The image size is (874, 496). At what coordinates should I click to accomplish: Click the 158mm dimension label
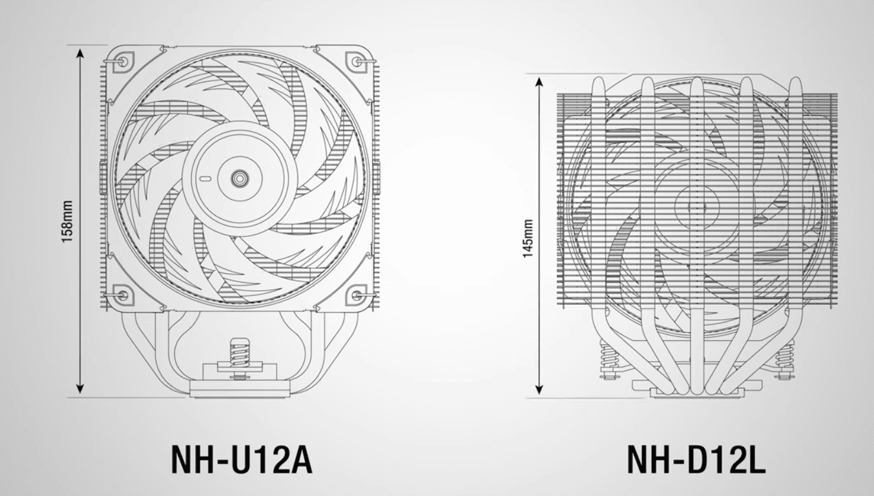67,222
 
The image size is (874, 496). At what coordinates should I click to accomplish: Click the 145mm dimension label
528,238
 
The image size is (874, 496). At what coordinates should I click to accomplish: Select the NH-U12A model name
242,460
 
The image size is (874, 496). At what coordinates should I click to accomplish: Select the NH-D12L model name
696,460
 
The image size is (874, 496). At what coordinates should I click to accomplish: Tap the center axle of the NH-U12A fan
240,179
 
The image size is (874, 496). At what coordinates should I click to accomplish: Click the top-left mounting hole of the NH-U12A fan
123,61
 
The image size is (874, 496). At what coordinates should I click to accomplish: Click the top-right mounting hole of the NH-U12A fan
356,61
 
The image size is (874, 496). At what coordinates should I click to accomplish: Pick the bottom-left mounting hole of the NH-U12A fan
123,295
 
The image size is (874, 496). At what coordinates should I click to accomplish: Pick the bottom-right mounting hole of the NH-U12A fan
356,295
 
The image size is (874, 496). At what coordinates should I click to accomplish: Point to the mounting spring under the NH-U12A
240,353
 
